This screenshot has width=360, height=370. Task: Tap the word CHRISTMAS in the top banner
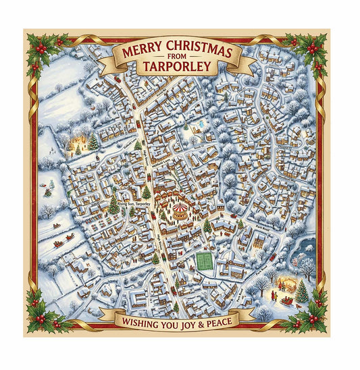coord(199,53)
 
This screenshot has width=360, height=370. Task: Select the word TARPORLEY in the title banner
coord(176,68)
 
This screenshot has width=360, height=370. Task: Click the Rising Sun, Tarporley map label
coord(134,203)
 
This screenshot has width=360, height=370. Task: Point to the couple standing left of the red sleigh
coord(277,295)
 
